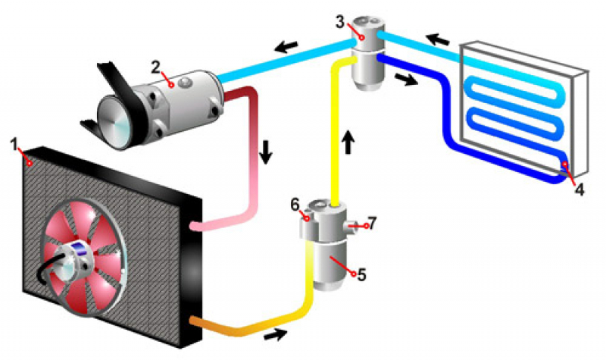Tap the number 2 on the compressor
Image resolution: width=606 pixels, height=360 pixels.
click(x=155, y=66)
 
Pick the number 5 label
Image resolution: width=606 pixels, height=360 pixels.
click(x=361, y=274)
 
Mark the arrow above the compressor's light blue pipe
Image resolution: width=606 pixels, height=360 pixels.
click(x=286, y=47)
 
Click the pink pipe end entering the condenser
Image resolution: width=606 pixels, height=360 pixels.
click(x=198, y=225)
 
